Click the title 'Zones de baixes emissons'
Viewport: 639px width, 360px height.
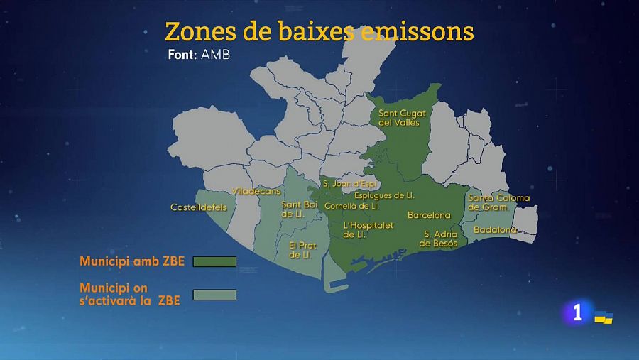pyautogui.click(x=319, y=31)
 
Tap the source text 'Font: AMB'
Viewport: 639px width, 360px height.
pyautogui.click(x=199, y=55)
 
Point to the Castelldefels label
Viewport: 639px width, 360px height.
pyautogui.click(x=199, y=207)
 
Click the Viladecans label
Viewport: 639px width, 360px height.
pyautogui.click(x=257, y=191)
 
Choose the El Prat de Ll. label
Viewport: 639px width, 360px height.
pyautogui.click(x=302, y=250)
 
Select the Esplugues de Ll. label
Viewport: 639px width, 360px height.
pyautogui.click(x=384, y=195)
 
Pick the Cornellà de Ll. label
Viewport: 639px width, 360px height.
pyautogui.click(x=351, y=206)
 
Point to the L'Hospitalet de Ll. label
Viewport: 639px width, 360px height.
pyautogui.click(x=368, y=229)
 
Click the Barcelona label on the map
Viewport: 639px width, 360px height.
pyautogui.click(x=429, y=214)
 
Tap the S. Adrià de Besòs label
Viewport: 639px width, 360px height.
pyautogui.click(x=440, y=238)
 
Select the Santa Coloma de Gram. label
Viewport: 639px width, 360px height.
pyautogui.click(x=498, y=202)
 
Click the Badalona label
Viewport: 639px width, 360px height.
pyautogui.click(x=495, y=229)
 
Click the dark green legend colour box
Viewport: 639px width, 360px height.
pyautogui.click(x=214, y=261)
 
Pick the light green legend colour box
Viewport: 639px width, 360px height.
pyautogui.click(x=214, y=295)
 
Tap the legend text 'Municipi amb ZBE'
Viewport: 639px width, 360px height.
pyautogui.click(x=132, y=261)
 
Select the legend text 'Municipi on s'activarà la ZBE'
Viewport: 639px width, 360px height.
pyautogui.click(x=129, y=295)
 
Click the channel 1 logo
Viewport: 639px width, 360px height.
pyautogui.click(x=577, y=312)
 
